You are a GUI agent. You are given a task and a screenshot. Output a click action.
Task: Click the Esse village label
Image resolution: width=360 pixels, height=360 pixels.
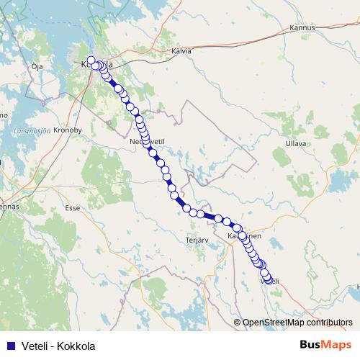point(72,207)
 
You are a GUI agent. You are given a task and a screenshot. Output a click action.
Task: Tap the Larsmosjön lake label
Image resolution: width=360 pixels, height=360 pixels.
point(31,132)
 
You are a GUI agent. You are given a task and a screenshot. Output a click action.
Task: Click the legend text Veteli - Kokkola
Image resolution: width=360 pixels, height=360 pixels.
point(58,346)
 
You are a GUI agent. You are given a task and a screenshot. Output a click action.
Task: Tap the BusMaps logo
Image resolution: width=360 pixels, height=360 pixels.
point(325,345)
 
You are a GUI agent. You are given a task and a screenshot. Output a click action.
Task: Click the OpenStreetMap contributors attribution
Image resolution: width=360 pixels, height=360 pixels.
point(297,323)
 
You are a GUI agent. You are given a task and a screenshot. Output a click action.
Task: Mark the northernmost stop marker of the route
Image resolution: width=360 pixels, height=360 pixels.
point(91,60)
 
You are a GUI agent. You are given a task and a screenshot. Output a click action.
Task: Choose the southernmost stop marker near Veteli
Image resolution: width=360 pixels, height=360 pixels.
point(269,280)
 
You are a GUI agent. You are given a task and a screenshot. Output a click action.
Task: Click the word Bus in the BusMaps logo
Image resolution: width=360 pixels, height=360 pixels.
point(311,345)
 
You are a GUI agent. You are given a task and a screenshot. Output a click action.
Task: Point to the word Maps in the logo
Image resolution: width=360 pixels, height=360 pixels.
point(336,345)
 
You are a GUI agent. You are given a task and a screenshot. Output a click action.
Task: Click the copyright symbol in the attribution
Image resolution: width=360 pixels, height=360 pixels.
point(238,323)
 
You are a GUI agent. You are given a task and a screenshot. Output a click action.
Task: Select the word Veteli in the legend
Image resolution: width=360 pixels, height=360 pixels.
point(35,346)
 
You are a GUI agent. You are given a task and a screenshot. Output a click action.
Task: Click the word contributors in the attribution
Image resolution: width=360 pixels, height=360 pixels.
point(327,323)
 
